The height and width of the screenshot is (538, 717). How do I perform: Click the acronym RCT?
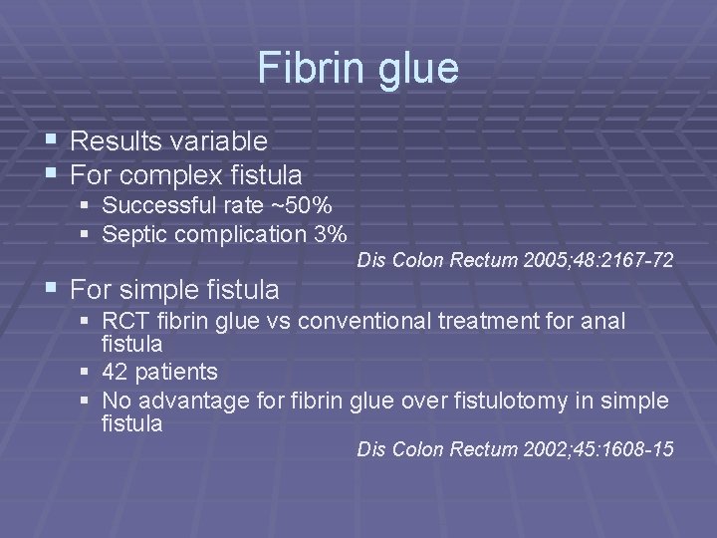coord(122,322)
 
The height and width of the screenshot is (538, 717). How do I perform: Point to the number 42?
coord(115,373)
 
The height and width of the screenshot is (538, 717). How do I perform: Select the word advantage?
coord(184,402)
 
